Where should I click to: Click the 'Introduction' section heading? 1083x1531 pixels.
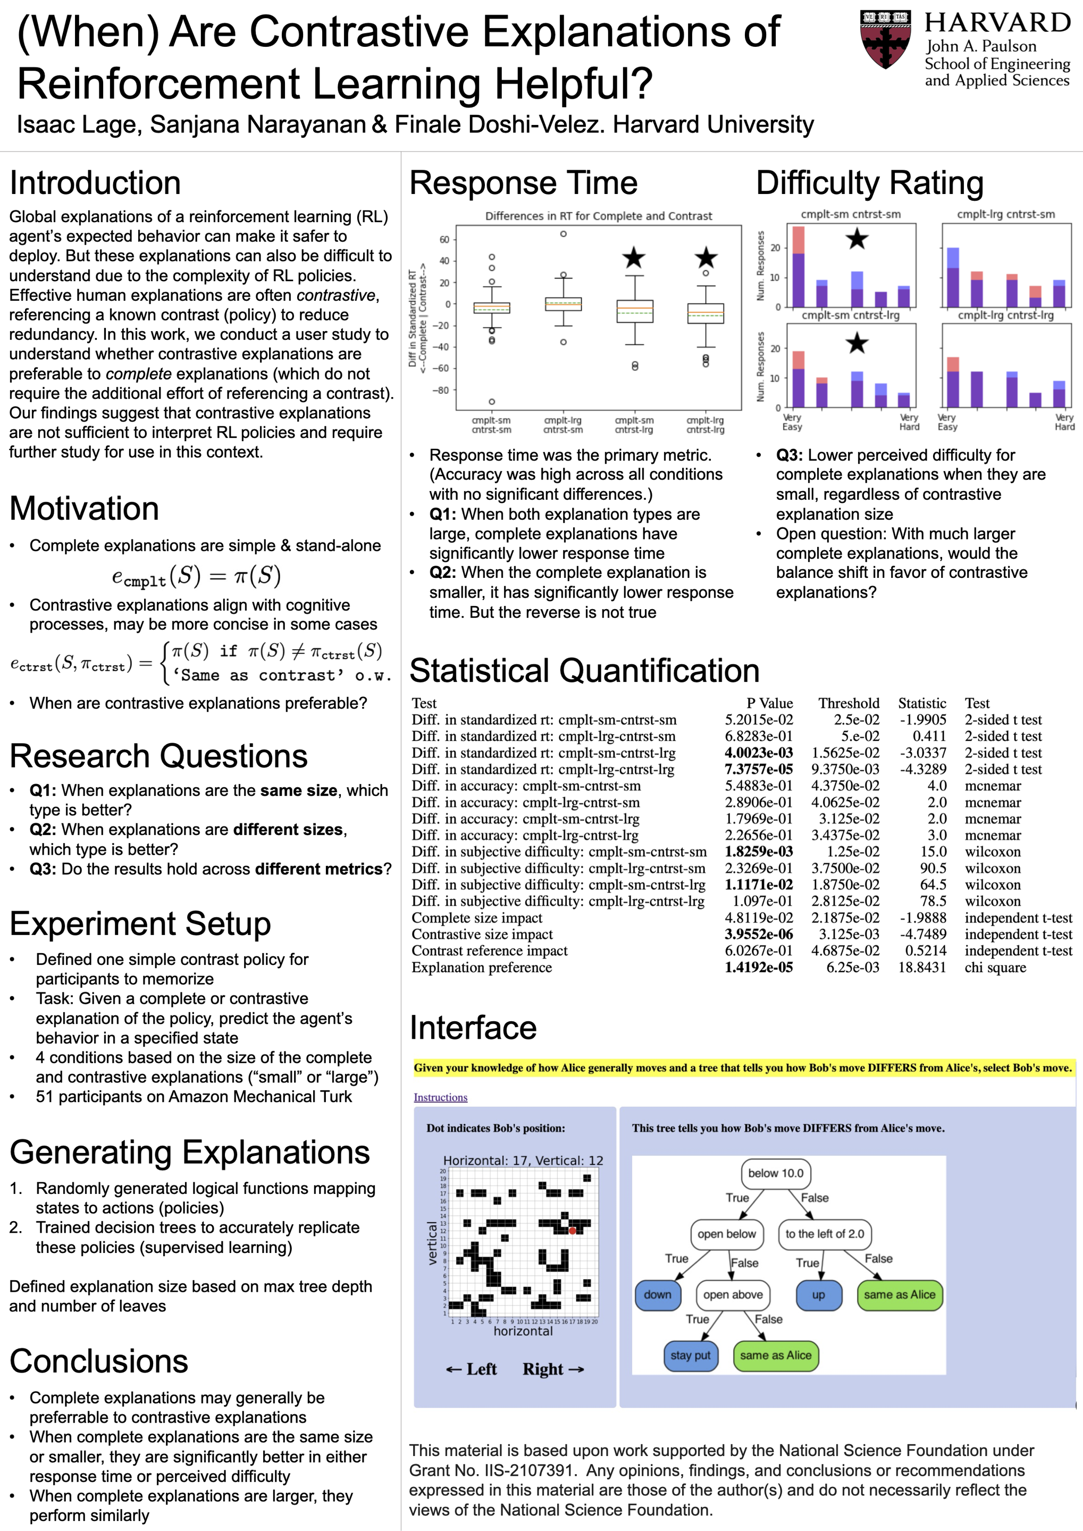tap(95, 183)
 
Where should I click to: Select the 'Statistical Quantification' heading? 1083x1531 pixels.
tap(584, 671)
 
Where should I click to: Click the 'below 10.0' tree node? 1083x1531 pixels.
tap(776, 1173)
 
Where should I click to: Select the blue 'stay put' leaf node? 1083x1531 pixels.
tap(690, 1356)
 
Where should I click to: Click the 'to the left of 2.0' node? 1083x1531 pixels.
tap(824, 1234)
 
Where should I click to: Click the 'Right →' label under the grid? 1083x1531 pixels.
tap(553, 1369)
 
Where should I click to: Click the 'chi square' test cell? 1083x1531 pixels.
tap(995, 968)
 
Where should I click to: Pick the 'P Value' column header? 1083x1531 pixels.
tap(769, 703)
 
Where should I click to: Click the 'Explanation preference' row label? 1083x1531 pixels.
tap(482, 968)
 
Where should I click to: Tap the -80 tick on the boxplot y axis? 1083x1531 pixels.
tap(443, 390)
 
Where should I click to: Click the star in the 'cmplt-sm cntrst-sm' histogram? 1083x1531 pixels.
tap(857, 239)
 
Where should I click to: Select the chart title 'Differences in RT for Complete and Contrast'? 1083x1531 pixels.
tap(598, 216)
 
